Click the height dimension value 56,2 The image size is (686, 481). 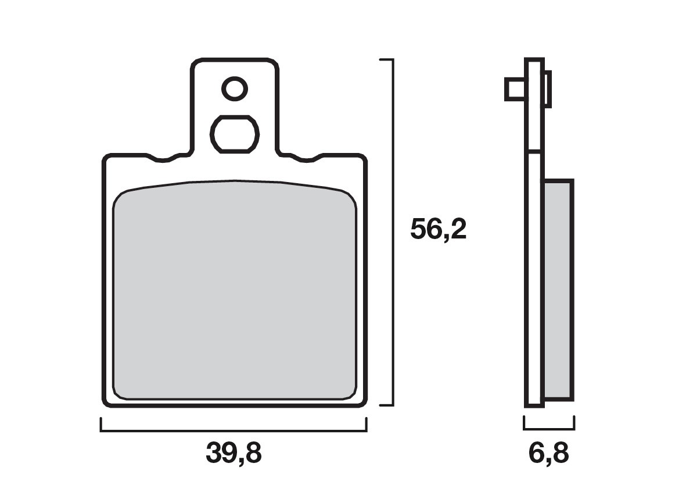pos(438,229)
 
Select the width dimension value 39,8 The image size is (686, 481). pos(234,453)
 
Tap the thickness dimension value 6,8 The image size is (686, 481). pos(549,453)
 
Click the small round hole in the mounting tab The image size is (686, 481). pos(235,89)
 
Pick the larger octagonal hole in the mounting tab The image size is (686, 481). pos(234,134)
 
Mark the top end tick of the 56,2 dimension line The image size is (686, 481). pos(386,59)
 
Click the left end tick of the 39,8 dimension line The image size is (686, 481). pos(101,425)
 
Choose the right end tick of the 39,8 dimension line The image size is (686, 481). pos(366,425)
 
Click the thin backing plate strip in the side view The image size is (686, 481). pos(534,262)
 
